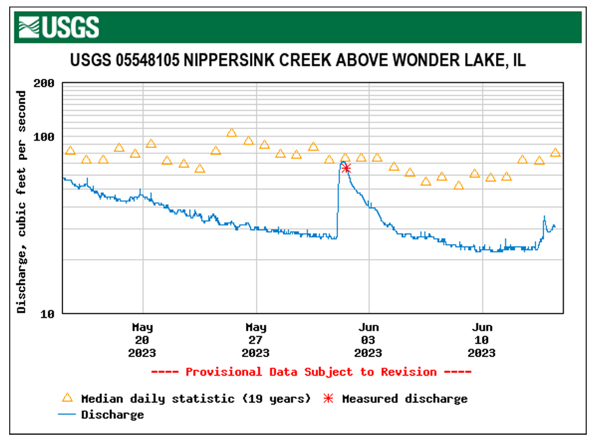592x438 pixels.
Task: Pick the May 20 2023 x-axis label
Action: [x=142, y=340]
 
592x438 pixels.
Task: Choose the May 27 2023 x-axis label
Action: [x=256, y=340]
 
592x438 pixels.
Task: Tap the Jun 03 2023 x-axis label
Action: [x=368, y=340]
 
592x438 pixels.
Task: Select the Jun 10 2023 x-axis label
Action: [x=482, y=340]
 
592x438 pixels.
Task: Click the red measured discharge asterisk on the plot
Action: [x=346, y=169]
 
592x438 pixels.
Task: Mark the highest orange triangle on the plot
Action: [x=232, y=133]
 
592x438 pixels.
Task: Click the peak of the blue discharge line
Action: [x=343, y=162]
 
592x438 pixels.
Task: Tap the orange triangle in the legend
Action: [x=66, y=398]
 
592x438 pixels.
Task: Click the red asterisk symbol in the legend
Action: [x=328, y=399]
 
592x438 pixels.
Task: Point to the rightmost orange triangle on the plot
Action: [x=555, y=153]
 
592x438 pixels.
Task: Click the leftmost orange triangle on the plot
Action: [x=70, y=151]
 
